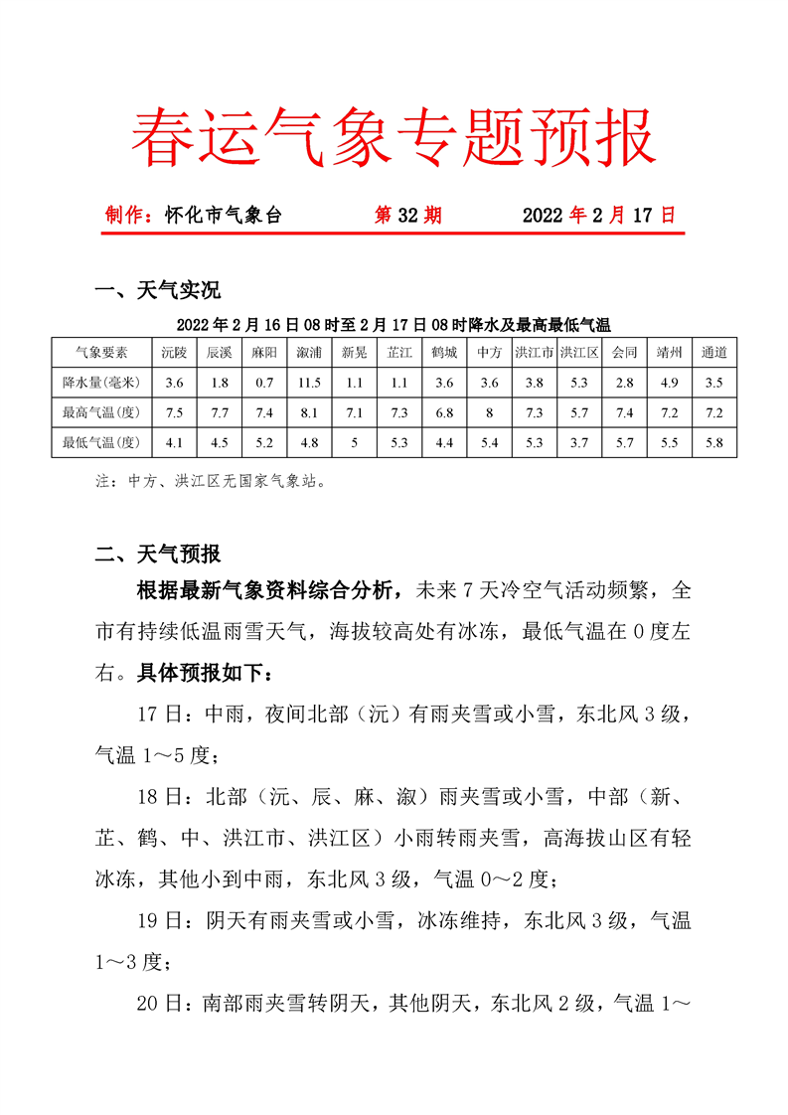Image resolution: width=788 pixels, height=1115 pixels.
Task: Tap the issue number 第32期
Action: coord(407,215)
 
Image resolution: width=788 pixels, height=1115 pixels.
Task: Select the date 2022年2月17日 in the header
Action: coord(598,215)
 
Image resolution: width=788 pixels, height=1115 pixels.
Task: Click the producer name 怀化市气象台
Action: coord(224,215)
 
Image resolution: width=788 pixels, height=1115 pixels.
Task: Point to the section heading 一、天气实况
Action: coord(156,290)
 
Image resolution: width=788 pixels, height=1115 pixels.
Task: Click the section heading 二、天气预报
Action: coord(156,555)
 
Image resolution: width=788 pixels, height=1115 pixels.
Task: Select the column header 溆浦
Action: coord(309,352)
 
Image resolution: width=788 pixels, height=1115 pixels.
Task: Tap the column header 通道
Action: coord(713,352)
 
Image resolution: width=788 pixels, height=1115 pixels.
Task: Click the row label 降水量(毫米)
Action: coord(101,382)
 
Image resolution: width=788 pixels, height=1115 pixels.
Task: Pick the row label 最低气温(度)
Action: coord(101,442)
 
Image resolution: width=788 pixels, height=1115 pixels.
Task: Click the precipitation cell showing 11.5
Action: coord(309,382)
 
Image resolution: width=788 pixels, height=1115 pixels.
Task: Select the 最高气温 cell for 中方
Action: coord(489,412)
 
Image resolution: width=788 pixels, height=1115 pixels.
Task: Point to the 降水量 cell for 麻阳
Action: coord(264,382)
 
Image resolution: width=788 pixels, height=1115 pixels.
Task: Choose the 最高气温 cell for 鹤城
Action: coord(444,412)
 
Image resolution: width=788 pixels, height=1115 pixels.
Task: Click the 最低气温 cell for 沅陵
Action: coord(175,442)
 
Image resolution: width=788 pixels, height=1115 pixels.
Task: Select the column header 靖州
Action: coord(669,352)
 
